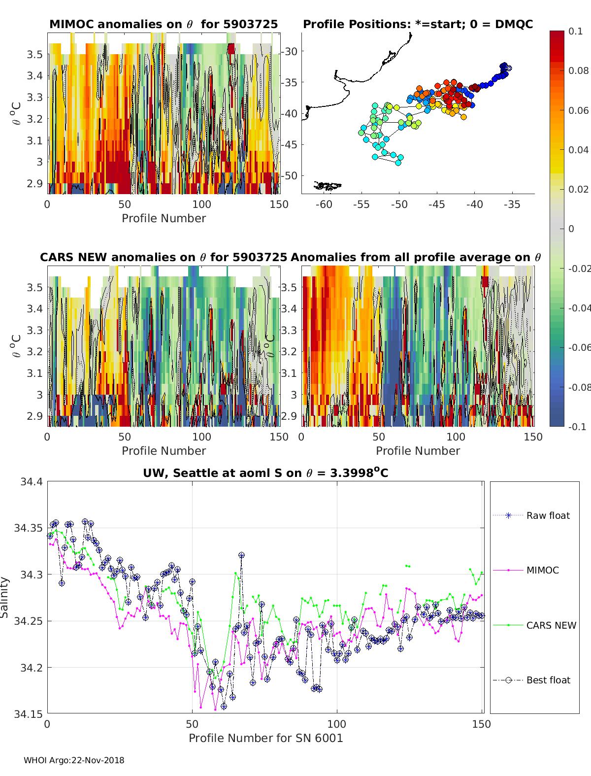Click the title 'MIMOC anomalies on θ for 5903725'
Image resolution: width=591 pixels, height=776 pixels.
[x=164, y=24]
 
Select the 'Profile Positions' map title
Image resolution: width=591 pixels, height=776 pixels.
[x=418, y=24]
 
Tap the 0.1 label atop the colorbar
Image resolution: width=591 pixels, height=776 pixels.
[x=575, y=31]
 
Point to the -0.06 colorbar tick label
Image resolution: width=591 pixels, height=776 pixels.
[x=579, y=347]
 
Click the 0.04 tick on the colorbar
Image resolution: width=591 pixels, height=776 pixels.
[x=578, y=150]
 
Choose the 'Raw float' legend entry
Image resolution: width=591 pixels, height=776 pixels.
[x=548, y=515]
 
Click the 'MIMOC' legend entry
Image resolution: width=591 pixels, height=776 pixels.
[x=542, y=570]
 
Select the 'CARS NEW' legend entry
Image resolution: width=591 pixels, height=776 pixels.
[x=551, y=625]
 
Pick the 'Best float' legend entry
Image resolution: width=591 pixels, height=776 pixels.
[x=548, y=680]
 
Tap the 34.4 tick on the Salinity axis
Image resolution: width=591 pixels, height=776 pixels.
[x=31, y=482]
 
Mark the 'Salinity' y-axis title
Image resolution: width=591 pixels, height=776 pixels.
[x=5, y=597]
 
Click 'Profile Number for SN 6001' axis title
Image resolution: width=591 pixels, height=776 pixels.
[x=265, y=738]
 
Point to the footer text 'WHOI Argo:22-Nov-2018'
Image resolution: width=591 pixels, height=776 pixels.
[x=74, y=760]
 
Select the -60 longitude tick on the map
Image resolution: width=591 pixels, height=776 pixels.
[x=324, y=204]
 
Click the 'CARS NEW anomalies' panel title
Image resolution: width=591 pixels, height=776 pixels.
[x=163, y=257]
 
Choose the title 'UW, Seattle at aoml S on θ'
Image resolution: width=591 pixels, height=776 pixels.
[x=265, y=473]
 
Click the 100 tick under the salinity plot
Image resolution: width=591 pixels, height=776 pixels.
[x=337, y=724]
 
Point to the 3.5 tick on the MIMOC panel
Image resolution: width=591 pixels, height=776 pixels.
[x=34, y=54]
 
